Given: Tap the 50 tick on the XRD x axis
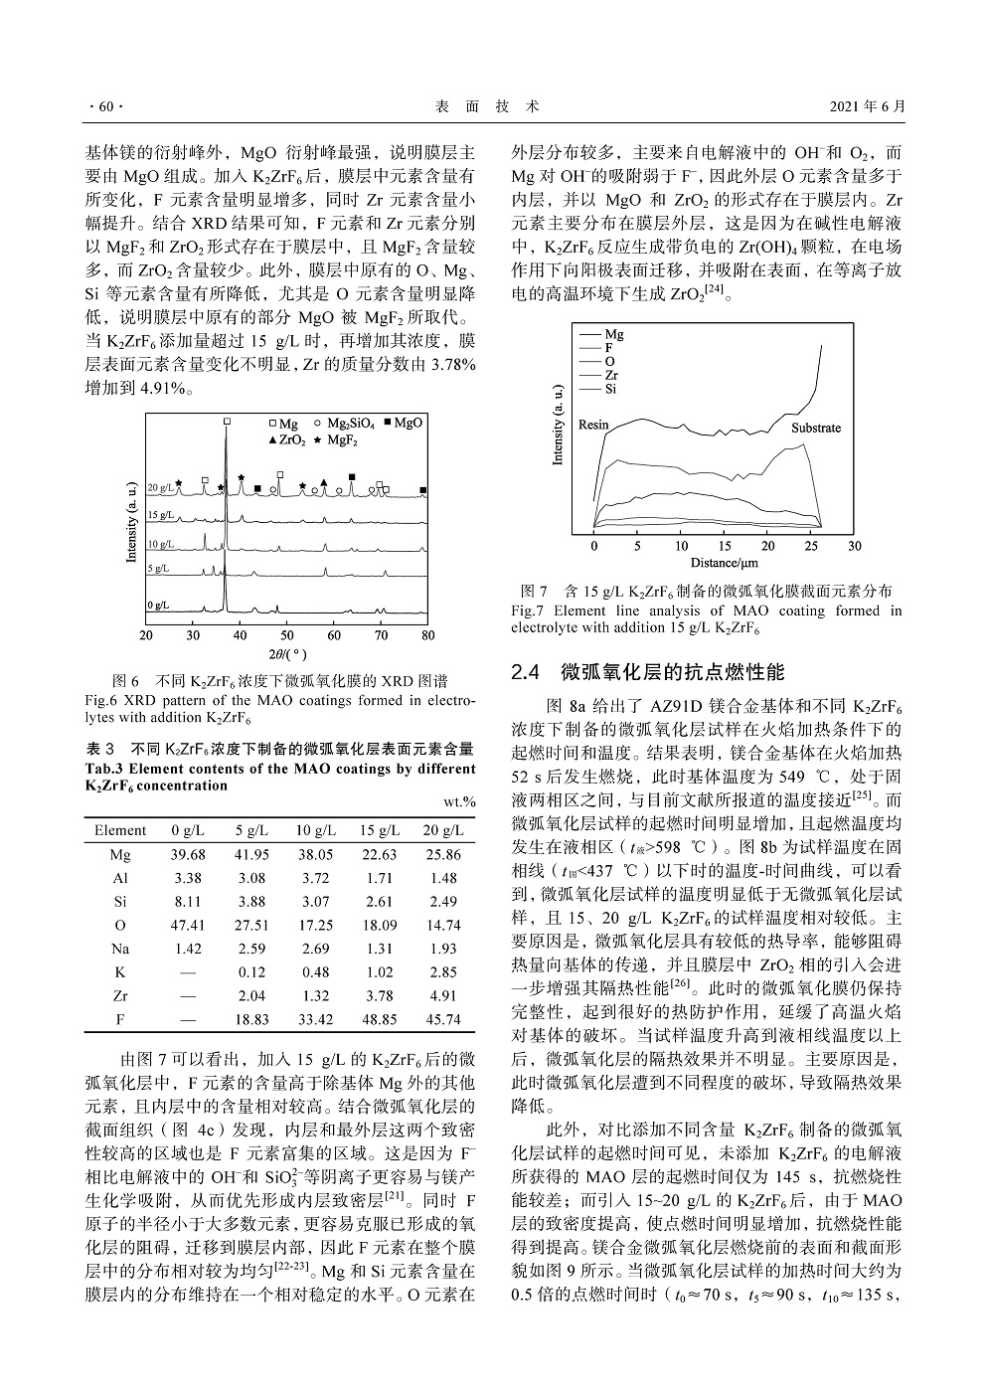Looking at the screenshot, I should click(x=287, y=634).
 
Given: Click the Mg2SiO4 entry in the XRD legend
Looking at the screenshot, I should click(x=350, y=423).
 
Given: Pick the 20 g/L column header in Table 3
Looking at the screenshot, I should click(x=442, y=830).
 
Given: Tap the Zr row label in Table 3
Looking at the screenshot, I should click(x=119, y=995).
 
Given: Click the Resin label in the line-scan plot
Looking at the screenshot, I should click(x=593, y=425).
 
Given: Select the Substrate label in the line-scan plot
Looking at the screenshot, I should click(x=815, y=429).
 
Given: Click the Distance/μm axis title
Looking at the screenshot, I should click(x=724, y=563).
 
